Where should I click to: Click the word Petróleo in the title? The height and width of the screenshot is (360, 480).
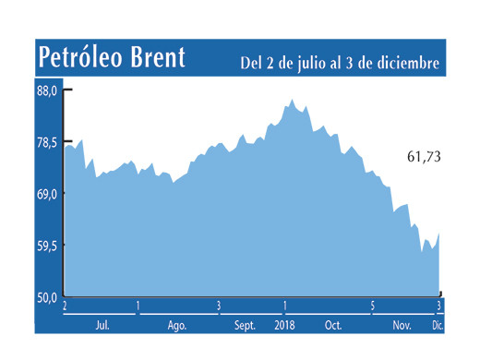83,57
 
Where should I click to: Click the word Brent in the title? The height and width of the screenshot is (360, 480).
159,57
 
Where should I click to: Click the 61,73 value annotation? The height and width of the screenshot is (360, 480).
424,158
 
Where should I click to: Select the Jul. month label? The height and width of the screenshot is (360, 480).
103,325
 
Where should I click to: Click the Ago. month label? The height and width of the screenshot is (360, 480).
177,325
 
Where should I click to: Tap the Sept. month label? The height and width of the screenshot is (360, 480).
246,325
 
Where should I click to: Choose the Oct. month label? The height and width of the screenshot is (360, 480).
332,325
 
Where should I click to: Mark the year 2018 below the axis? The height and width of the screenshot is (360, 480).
285,325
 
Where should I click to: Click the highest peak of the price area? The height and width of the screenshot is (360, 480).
292,100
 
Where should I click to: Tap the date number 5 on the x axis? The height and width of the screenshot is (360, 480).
372,306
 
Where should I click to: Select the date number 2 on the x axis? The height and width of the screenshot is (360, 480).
66,306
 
